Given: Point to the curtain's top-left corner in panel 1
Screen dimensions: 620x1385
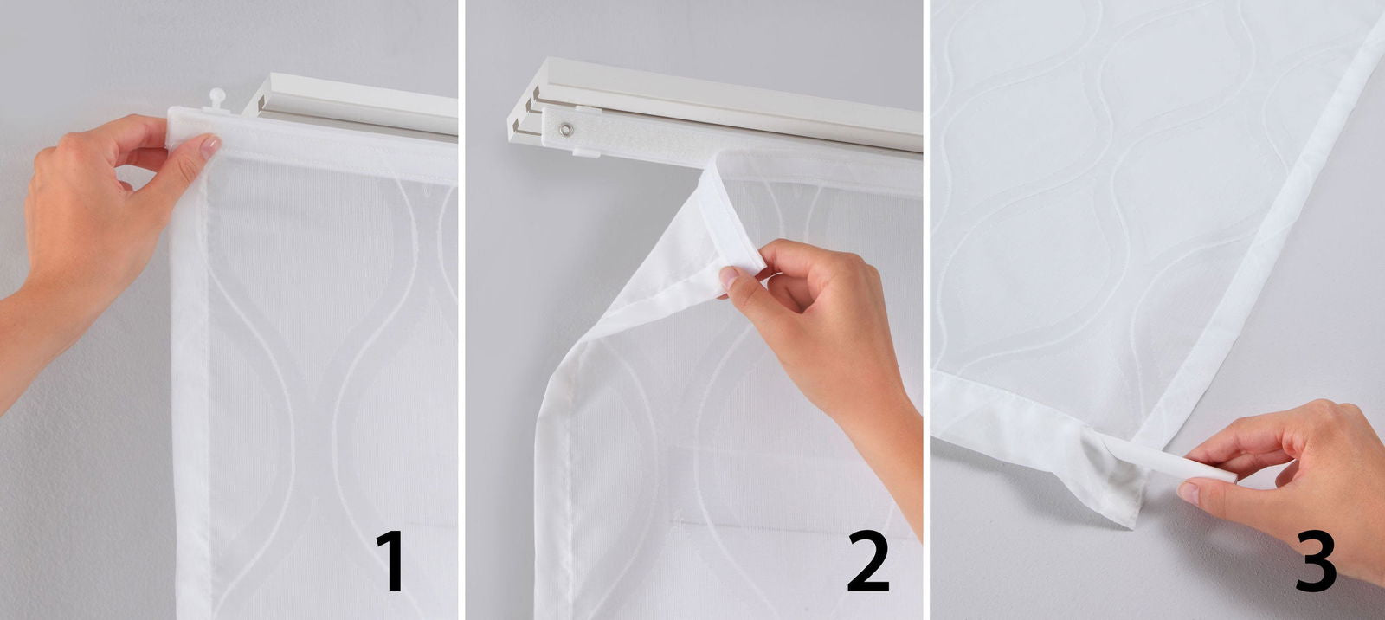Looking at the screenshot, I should [173, 117].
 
